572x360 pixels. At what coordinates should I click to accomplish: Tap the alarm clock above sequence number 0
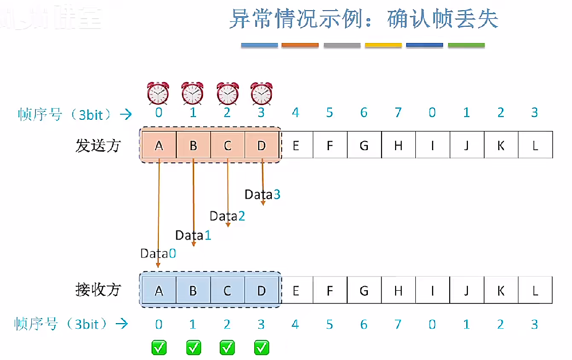pyautogui.click(x=158, y=93)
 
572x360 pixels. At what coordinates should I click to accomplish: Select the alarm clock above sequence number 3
pyautogui.click(x=261, y=93)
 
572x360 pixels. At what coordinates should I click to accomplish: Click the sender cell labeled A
pyautogui.click(x=159, y=146)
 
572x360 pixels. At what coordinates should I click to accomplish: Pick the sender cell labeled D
pyautogui.click(x=261, y=146)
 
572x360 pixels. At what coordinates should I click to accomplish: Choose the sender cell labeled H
pyautogui.click(x=398, y=146)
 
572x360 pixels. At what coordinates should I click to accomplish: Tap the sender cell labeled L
pyautogui.click(x=535, y=146)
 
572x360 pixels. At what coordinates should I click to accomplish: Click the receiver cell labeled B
pyautogui.click(x=193, y=291)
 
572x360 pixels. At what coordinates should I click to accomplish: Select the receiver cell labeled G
pyautogui.click(x=364, y=291)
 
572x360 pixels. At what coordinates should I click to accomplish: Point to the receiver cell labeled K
pyautogui.click(x=501, y=291)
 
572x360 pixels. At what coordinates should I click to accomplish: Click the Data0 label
pyautogui.click(x=158, y=253)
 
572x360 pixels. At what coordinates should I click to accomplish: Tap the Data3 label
pyautogui.click(x=262, y=194)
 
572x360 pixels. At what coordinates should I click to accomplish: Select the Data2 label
pyautogui.click(x=227, y=216)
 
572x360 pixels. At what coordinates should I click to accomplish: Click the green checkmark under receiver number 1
pyautogui.click(x=194, y=347)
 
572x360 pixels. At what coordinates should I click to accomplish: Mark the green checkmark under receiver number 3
pyautogui.click(x=262, y=347)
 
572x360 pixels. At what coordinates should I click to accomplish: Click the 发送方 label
pyautogui.click(x=99, y=146)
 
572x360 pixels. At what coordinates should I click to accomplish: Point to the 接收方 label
pyautogui.click(x=99, y=290)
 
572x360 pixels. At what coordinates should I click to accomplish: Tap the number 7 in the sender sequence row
pyautogui.click(x=398, y=113)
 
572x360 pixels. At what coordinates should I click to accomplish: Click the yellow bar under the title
pyautogui.click(x=383, y=46)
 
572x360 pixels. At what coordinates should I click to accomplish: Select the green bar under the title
pyautogui.click(x=466, y=46)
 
